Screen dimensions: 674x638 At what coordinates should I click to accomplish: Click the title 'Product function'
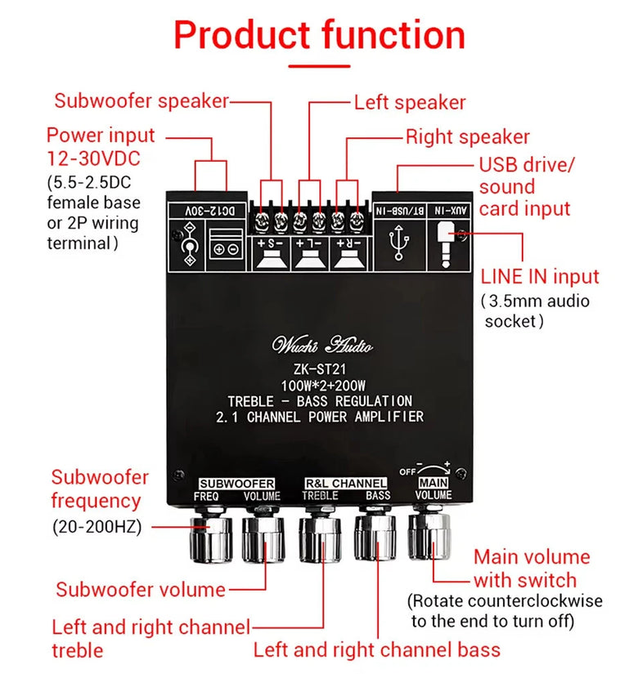click(319, 36)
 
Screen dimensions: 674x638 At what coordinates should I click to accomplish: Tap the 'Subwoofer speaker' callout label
click(142, 101)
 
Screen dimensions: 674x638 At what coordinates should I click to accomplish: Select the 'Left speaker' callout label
click(409, 103)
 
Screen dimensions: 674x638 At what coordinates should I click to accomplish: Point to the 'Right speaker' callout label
click(467, 137)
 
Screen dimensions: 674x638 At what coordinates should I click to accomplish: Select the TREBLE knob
click(320, 537)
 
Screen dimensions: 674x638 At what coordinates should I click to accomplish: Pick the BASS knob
click(375, 537)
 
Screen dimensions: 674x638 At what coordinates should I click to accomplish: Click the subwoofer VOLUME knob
click(263, 537)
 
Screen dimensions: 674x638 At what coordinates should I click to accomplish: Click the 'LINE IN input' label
click(540, 277)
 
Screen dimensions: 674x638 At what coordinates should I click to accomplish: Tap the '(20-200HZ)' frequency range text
click(97, 528)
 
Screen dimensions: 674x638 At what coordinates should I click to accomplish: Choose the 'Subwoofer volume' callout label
click(141, 589)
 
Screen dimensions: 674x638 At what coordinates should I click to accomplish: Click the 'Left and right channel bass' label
click(376, 650)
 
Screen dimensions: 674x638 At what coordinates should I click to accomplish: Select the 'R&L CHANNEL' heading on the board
click(346, 484)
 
